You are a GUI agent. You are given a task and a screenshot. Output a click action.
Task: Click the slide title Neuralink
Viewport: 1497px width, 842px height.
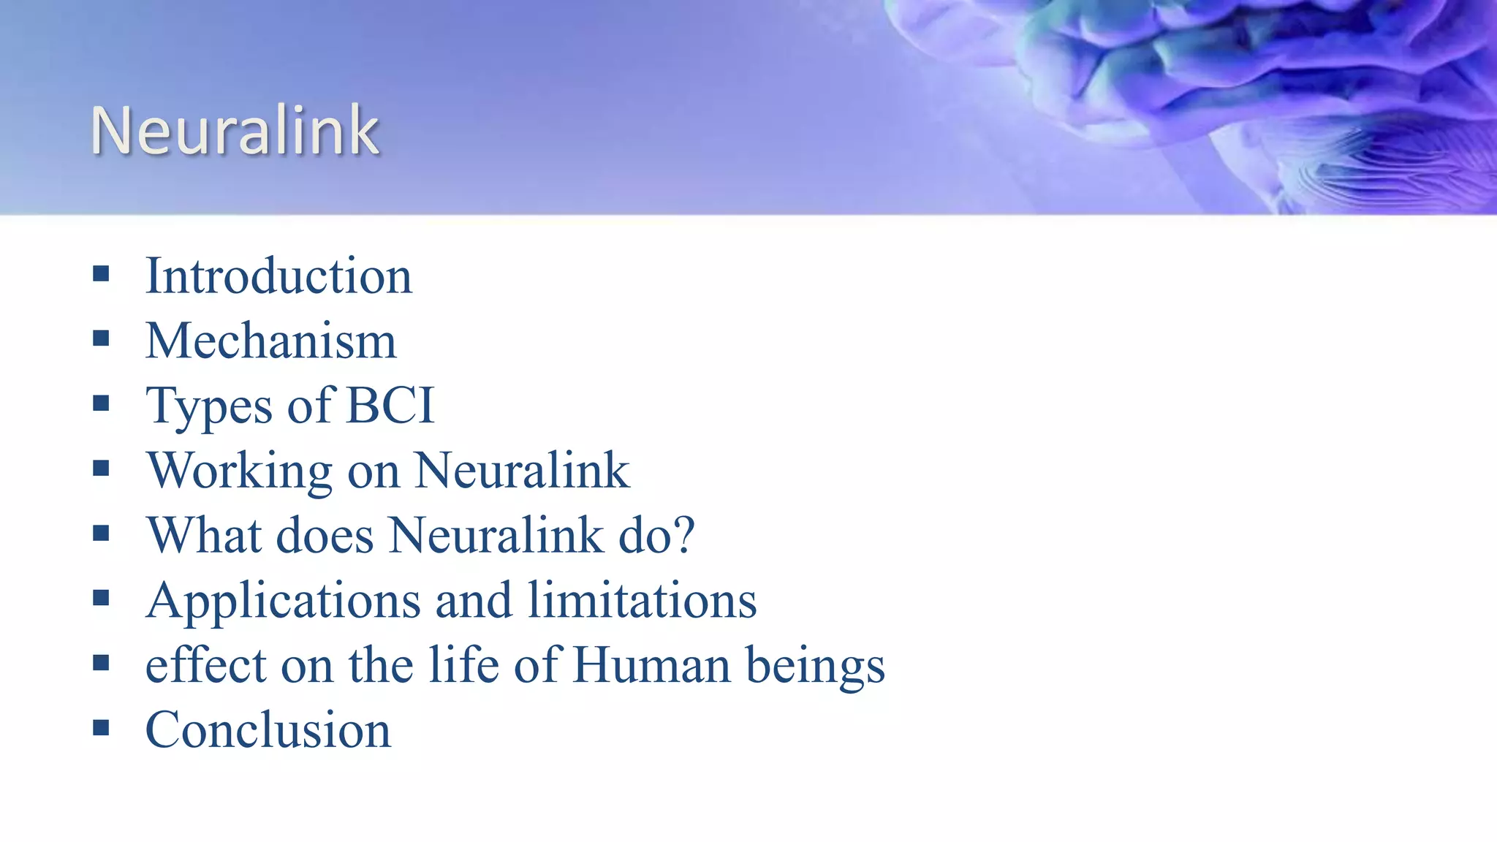(235, 132)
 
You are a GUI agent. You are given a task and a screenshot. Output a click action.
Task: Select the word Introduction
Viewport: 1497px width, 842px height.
(278, 276)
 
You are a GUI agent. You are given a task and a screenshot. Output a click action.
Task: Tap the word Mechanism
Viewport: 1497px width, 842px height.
(270, 341)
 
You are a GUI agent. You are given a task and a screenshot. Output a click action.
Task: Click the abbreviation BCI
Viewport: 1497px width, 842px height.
(390, 406)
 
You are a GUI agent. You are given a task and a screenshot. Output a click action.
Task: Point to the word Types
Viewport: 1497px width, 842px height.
(209, 407)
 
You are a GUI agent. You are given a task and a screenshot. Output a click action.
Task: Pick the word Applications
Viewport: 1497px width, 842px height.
(283, 601)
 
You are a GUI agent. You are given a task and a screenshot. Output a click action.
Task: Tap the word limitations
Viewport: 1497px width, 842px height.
(642, 601)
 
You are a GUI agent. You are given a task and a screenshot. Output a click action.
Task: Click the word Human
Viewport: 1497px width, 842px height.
(651, 665)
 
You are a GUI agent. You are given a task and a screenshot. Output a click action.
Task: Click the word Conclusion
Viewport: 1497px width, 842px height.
(268, 729)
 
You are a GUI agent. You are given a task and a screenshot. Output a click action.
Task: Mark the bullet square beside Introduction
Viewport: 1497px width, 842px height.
(101, 275)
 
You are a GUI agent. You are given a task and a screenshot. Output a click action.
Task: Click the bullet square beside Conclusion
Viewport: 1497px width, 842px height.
(101, 728)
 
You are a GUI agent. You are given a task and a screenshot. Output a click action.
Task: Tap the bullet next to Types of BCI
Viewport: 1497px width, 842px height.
(101, 404)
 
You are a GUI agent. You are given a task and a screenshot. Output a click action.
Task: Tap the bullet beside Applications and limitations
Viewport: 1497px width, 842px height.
(101, 599)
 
